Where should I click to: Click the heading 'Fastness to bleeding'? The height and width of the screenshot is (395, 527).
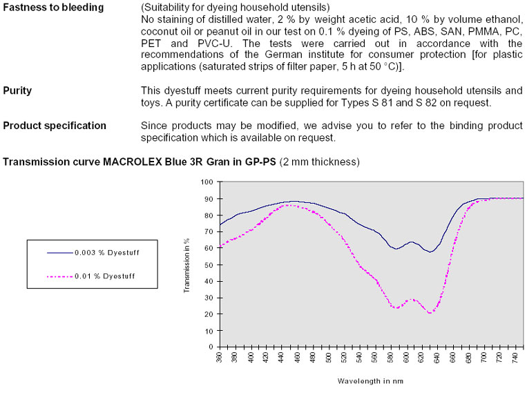click(53, 8)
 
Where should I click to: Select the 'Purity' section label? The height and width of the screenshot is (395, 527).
click(17, 90)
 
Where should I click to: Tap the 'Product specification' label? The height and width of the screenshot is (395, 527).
click(55, 126)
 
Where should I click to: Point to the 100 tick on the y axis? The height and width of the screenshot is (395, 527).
click(206, 182)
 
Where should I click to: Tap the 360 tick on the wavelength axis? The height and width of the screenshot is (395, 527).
click(220, 360)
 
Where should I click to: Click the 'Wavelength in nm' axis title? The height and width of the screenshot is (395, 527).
click(370, 380)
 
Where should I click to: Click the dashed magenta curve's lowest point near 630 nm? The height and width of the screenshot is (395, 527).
click(431, 313)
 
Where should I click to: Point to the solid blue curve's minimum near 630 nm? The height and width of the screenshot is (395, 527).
click(430, 252)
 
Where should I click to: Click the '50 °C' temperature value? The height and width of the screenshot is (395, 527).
click(383, 68)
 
